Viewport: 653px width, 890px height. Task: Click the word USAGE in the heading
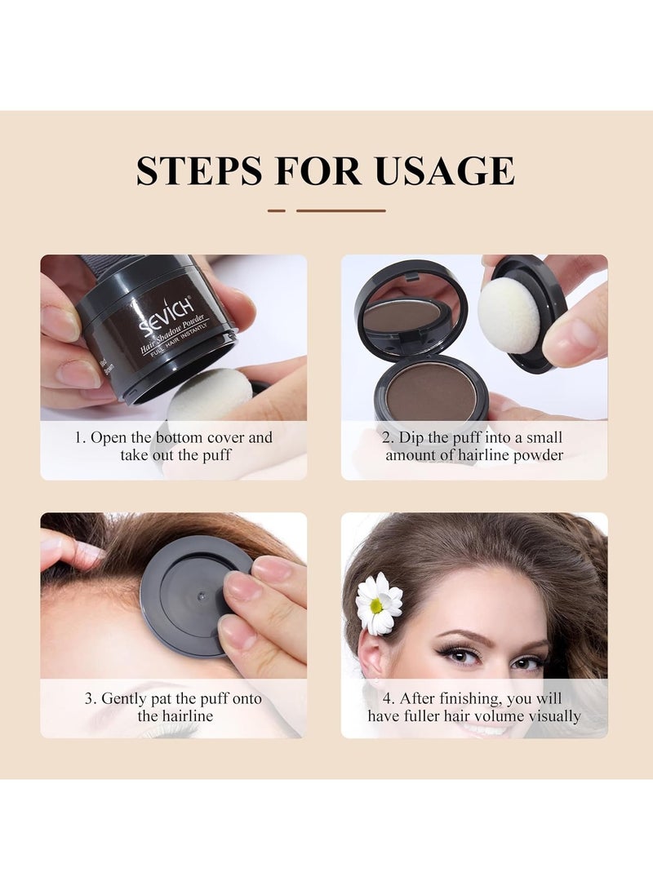click(445, 170)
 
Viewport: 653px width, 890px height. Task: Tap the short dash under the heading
click(277, 210)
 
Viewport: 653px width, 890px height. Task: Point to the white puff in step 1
click(211, 396)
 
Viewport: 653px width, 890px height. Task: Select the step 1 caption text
click(174, 446)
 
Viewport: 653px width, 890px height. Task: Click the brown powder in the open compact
click(430, 392)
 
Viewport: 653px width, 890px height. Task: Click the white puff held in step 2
click(509, 315)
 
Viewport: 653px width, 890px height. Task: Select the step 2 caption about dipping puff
click(474, 446)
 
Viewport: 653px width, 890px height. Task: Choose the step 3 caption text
click(174, 707)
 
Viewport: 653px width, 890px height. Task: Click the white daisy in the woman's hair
click(379, 603)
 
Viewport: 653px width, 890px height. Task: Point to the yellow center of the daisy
click(375, 605)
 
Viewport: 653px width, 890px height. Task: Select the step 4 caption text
click(474, 707)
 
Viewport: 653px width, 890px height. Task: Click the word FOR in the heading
click(322, 170)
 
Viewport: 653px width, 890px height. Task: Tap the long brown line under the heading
click(340, 210)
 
